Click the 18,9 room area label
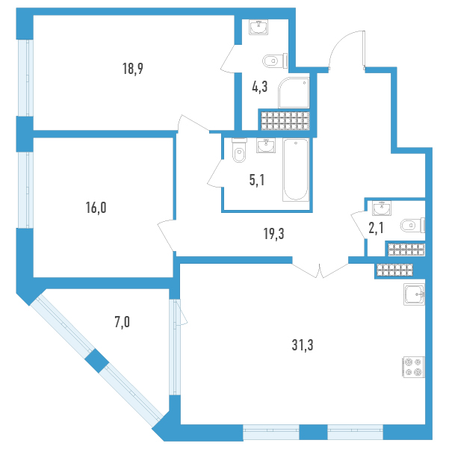pyautogui.click(x=133, y=69)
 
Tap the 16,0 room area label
pyautogui.click(x=96, y=208)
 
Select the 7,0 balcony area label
pyautogui.click(x=123, y=323)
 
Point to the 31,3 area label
pyautogui.click(x=303, y=345)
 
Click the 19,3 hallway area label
pyautogui.click(x=274, y=234)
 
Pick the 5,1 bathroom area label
pyautogui.click(x=257, y=180)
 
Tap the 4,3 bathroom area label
pyautogui.click(x=260, y=87)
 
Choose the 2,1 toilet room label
pyautogui.click(x=376, y=228)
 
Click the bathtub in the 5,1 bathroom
pyautogui.click(x=296, y=170)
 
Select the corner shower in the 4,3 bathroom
pyautogui.click(x=294, y=93)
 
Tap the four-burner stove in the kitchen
pyautogui.click(x=414, y=367)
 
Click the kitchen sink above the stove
pyautogui.click(x=415, y=294)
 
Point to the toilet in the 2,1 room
pyautogui.click(x=412, y=226)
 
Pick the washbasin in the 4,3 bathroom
pyautogui.click(x=258, y=28)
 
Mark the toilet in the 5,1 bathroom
pyautogui.click(x=239, y=150)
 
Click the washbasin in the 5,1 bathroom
pyautogui.click(x=266, y=146)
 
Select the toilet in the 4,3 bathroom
pyautogui.click(x=275, y=61)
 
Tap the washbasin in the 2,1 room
pyautogui.click(x=382, y=208)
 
